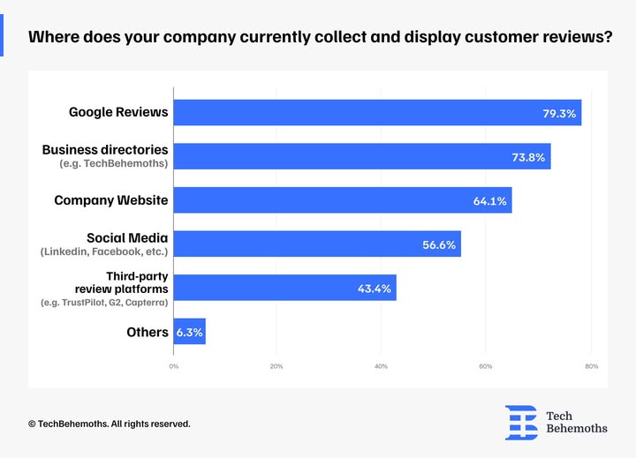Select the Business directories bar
pos(353,157)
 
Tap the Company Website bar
pos(336,200)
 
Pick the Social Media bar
pos(309,244)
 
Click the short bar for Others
pos(189,332)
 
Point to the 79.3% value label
pos(560,114)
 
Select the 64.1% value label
pos(490,201)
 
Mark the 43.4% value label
pos(375,289)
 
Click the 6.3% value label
pos(189,333)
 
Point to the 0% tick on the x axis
pos(173,366)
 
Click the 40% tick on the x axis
pos(381,366)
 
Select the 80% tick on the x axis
pos(591,366)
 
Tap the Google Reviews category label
pos(118,113)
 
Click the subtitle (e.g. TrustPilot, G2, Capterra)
pos(105,303)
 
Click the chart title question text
pos(320,40)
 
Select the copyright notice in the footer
pos(109,424)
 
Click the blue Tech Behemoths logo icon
pos(521,422)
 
